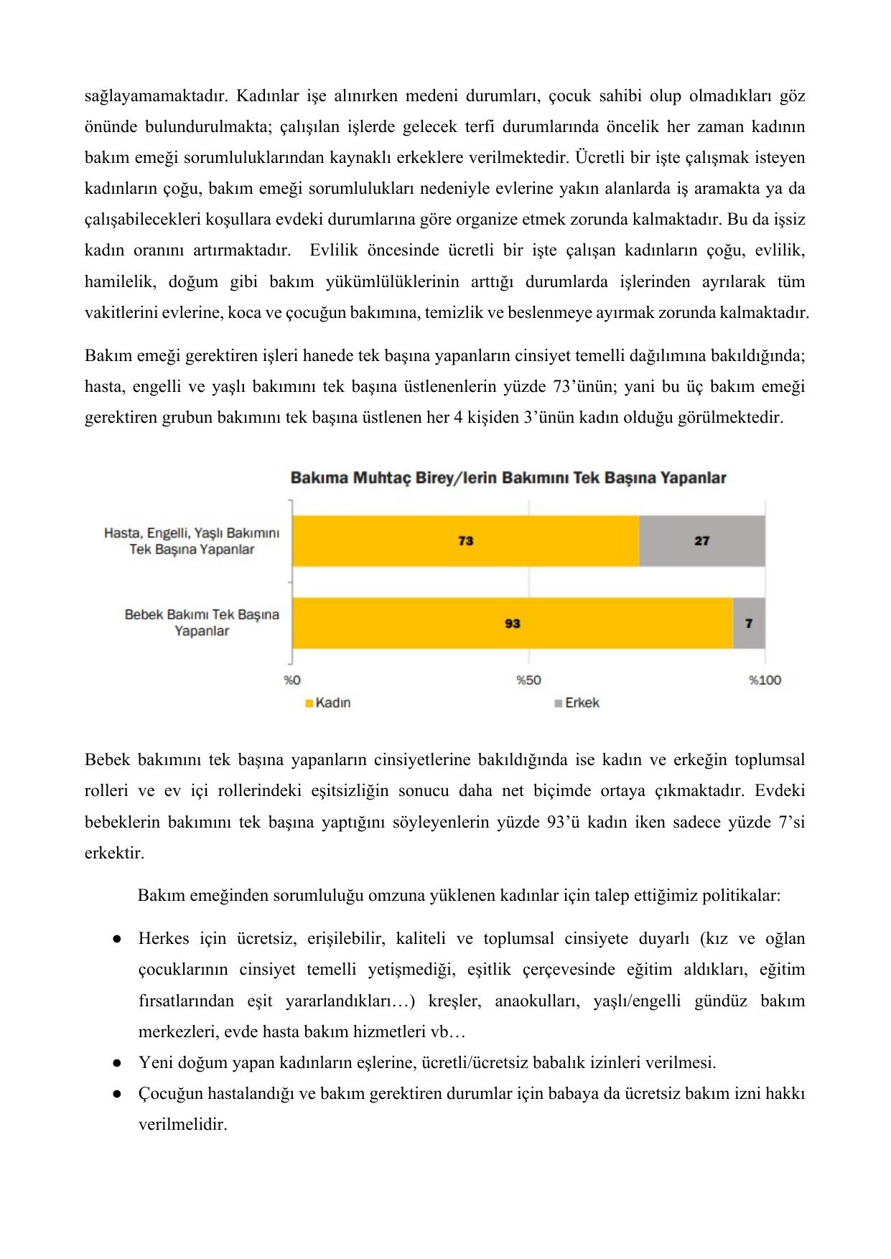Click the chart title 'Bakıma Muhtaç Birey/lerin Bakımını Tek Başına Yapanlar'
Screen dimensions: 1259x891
pos(508,478)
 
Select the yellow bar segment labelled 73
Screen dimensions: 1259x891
pos(465,540)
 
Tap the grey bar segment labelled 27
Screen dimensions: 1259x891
pos(701,540)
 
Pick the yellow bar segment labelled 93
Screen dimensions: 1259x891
pos(512,623)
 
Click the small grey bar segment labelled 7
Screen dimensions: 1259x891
pos(749,623)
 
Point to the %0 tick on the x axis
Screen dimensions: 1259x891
pos(291,680)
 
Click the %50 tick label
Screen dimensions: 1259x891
pos(528,680)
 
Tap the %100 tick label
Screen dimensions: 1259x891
pos(765,680)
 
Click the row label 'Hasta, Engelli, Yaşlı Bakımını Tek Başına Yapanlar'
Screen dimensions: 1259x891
pos(192,541)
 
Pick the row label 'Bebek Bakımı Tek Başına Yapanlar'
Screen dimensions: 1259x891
pos(202,623)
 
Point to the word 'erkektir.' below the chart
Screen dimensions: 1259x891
pos(114,853)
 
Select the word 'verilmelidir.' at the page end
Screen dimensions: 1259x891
pos(182,1125)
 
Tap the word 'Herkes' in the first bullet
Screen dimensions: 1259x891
pos(164,939)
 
